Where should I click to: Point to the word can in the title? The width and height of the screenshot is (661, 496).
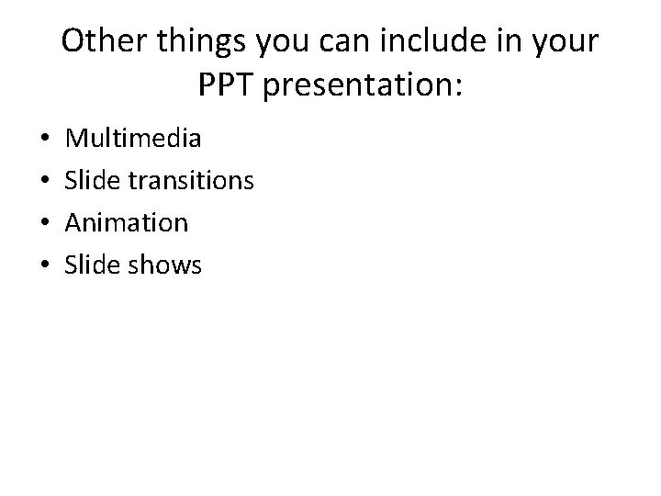[352, 43]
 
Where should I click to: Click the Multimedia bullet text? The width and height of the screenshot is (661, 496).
[134, 140]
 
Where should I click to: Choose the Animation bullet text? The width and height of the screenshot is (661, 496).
[128, 223]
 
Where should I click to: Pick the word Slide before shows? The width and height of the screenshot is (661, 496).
[94, 265]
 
